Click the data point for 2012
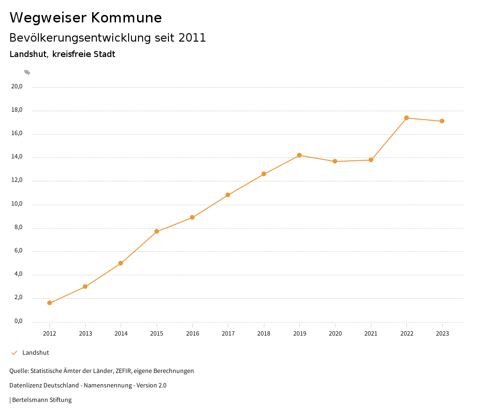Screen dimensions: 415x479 pos(50,303)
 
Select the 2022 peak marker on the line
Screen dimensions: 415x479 pos(406,118)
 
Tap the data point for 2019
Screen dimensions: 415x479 pos(299,155)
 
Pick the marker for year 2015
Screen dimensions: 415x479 pos(157,231)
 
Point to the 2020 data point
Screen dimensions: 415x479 pos(335,161)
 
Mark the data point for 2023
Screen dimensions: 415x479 pos(442,121)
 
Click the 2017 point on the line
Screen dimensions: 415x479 pos(228,195)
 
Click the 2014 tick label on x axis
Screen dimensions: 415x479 pos(121,334)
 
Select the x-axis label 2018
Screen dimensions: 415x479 pos(264,334)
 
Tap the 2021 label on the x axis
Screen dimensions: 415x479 pos(371,334)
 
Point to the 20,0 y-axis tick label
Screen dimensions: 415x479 pos(17,86)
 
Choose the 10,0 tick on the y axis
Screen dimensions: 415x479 pos(17,204)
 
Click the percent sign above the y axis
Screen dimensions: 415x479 pos(27,72)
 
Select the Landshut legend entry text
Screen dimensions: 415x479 pos(36,353)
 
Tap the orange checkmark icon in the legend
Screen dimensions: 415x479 pos(14,353)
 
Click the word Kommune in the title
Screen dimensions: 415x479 pos(126,18)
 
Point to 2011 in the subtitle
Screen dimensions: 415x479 pos(192,38)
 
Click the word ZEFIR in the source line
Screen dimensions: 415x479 pos(123,371)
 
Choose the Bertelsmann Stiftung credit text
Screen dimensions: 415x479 pos(42,400)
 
